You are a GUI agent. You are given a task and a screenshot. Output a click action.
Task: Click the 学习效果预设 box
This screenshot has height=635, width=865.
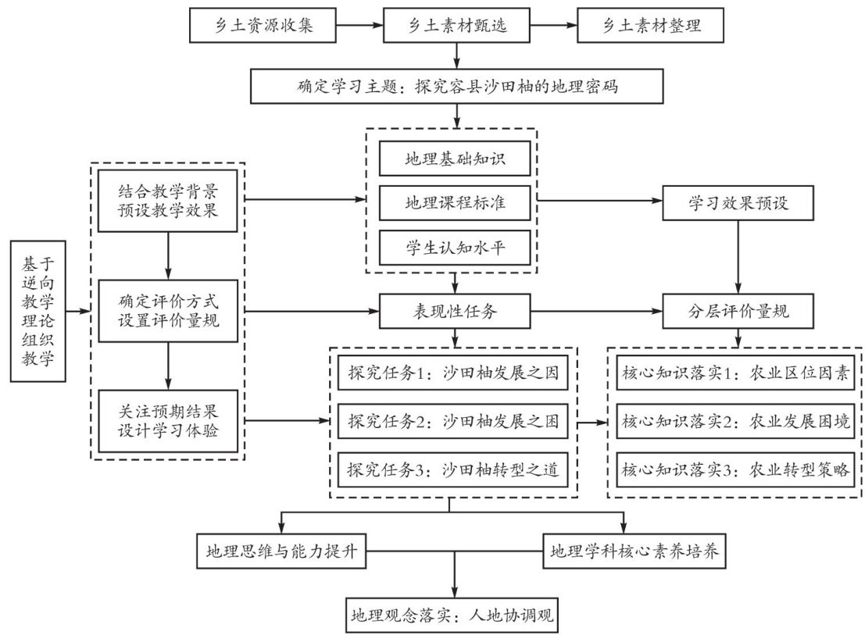(x=739, y=203)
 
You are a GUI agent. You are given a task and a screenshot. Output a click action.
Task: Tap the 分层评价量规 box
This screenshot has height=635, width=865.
(x=739, y=312)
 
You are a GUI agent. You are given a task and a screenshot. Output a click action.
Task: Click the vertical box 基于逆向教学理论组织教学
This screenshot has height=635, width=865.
(x=38, y=312)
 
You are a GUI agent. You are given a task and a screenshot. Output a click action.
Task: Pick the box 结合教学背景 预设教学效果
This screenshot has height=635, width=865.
(x=168, y=202)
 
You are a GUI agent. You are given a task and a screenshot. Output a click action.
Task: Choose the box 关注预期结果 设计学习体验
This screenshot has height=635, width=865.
(x=168, y=423)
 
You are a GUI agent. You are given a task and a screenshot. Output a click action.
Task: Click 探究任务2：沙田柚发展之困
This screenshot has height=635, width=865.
(x=453, y=423)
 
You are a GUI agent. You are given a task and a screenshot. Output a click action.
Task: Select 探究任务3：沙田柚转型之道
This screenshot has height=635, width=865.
(x=453, y=470)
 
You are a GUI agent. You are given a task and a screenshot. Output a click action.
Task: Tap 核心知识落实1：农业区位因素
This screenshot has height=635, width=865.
(x=735, y=373)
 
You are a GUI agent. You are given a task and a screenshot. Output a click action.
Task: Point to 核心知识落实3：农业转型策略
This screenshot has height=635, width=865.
(x=735, y=470)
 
